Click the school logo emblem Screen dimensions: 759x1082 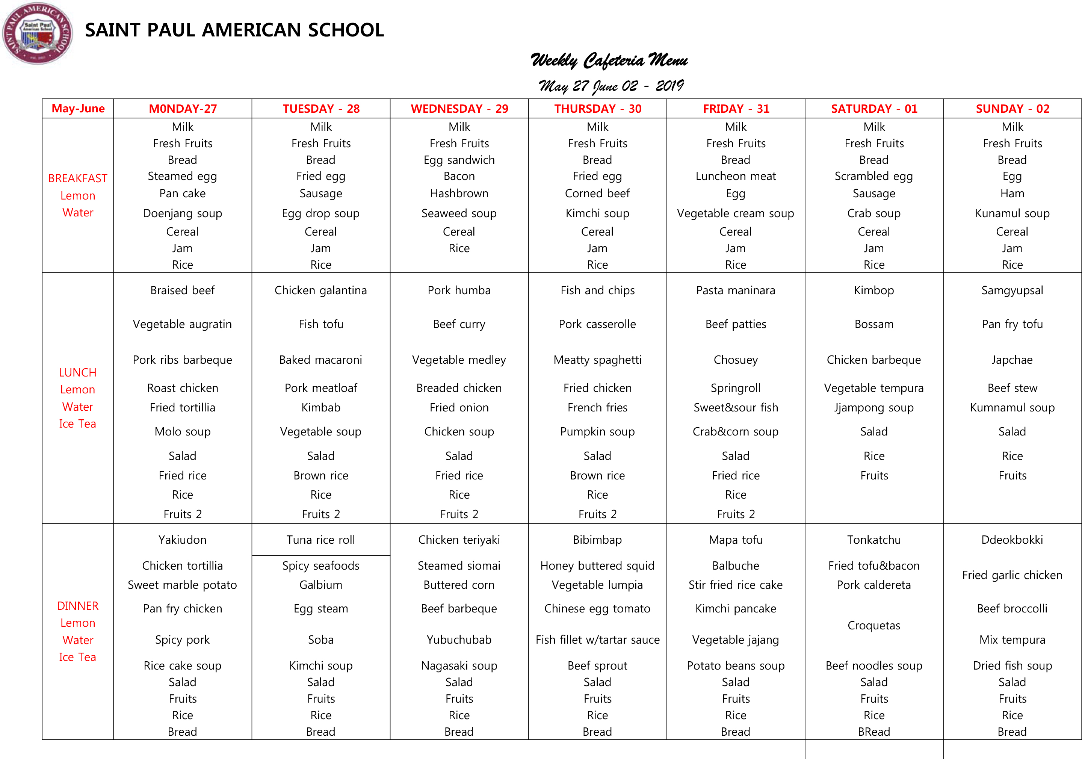pos(37,33)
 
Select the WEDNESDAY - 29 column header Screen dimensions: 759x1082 pos(459,109)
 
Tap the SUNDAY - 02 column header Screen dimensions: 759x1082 pos(1012,109)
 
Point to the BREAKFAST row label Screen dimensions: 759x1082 pos(78,178)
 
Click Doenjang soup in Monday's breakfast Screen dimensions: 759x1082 pos(182,213)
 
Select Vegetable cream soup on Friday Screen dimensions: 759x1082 pos(735,213)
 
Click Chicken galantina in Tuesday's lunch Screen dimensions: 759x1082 pos(320,290)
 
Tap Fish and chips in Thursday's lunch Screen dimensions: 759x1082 pos(597,290)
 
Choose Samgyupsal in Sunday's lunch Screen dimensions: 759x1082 pos(1012,290)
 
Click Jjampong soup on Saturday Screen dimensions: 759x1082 pos(874,408)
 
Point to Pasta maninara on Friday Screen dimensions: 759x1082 pos(735,290)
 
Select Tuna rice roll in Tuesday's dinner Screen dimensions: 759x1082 pos(320,540)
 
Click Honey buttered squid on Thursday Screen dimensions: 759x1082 pos(597,566)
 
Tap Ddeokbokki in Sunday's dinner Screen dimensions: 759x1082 pos(1012,540)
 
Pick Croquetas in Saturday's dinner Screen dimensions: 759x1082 pos(874,626)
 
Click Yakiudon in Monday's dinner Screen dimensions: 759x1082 pos(182,540)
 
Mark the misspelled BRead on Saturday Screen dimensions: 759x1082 pos(874,732)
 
